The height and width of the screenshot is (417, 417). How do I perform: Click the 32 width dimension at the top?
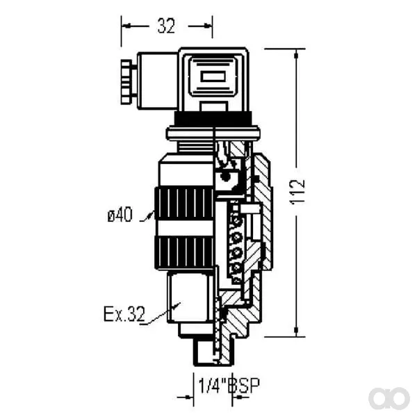(x=166, y=26)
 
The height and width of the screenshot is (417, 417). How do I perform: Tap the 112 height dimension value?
(x=297, y=192)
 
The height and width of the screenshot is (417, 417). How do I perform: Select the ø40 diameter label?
(x=120, y=215)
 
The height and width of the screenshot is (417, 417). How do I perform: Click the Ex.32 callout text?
(x=124, y=314)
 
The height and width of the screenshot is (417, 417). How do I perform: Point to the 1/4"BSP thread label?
(x=229, y=386)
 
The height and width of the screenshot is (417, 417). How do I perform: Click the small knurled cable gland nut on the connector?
(x=126, y=82)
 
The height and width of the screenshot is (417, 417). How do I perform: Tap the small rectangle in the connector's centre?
(x=213, y=76)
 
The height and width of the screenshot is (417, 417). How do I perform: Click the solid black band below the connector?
(x=213, y=118)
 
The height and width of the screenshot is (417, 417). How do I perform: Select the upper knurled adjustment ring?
(x=184, y=204)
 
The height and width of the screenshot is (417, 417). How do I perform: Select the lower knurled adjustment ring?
(x=184, y=253)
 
